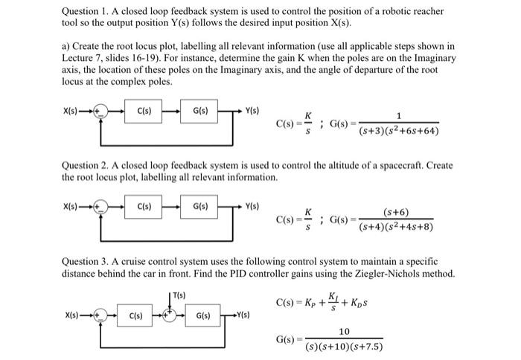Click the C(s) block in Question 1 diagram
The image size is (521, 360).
coord(145,112)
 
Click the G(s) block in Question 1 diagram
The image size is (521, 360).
coord(200,112)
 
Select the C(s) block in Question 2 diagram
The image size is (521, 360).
coord(145,206)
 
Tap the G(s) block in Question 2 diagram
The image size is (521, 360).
coord(200,206)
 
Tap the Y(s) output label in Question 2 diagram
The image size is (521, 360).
coord(253,206)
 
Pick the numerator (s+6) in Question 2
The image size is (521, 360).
coord(395,212)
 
